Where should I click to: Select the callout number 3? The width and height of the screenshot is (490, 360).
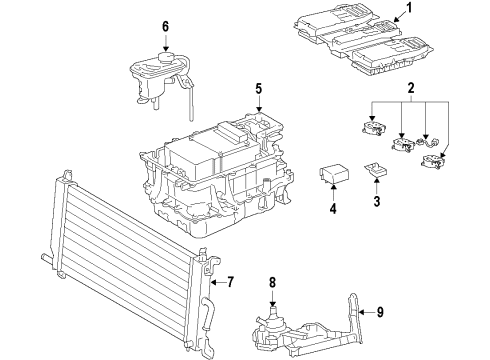pyautogui.click(x=376, y=201)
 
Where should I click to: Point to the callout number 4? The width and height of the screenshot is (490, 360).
pyautogui.click(x=334, y=210)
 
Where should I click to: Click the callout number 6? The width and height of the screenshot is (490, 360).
pyautogui.click(x=166, y=27)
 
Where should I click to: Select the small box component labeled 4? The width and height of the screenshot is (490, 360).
pyautogui.click(x=333, y=174)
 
